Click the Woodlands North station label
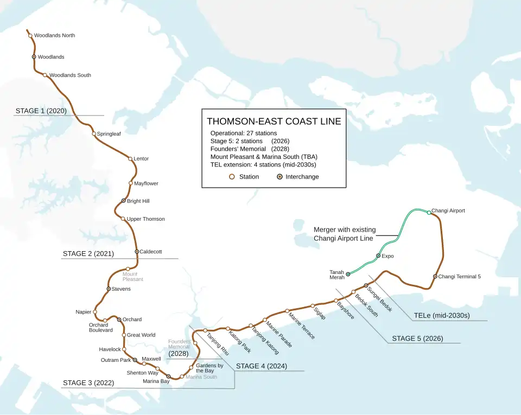click(54, 36)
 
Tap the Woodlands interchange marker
click(34, 57)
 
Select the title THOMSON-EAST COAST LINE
click(274, 122)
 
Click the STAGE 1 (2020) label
click(41, 111)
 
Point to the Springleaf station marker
click(94, 134)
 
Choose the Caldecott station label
click(151, 252)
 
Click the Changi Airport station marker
click(429, 213)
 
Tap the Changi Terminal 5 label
click(459, 277)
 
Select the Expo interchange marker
click(378, 256)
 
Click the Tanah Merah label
click(337, 274)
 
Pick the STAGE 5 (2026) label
click(417, 339)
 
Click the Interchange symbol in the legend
click(279, 177)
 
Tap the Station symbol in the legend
click(232, 177)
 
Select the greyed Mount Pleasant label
click(133, 277)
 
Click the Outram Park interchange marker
click(135, 360)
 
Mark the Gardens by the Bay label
click(209, 368)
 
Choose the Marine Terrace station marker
click(287, 311)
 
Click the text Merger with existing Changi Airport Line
click(344, 234)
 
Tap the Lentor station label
click(141, 159)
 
